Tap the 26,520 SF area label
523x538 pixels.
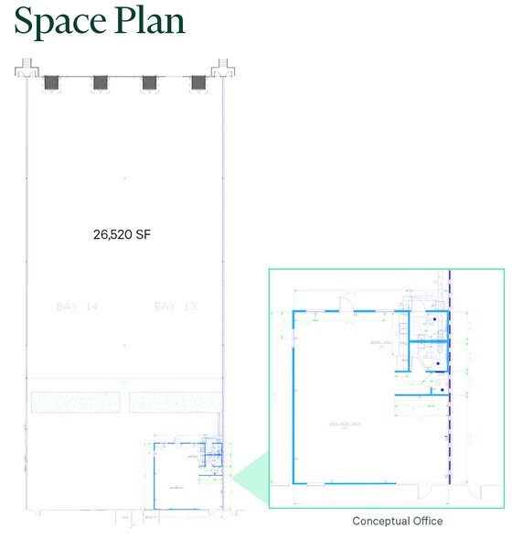pyautogui.click(x=122, y=234)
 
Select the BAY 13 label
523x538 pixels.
pyautogui.click(x=176, y=306)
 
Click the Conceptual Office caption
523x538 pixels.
pyautogui.click(x=398, y=522)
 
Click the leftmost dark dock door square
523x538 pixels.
pyautogui.click(x=51, y=82)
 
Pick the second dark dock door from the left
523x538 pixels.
pyautogui.click(x=101, y=82)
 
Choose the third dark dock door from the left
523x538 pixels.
pyautogui.click(x=149, y=82)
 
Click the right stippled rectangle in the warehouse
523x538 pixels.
pyautogui.click(x=175, y=402)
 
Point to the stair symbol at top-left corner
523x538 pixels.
pyautogui.click(x=27, y=68)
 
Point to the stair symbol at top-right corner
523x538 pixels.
pyautogui.click(x=220, y=68)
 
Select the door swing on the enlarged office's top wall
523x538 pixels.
pyautogui.click(x=345, y=305)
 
